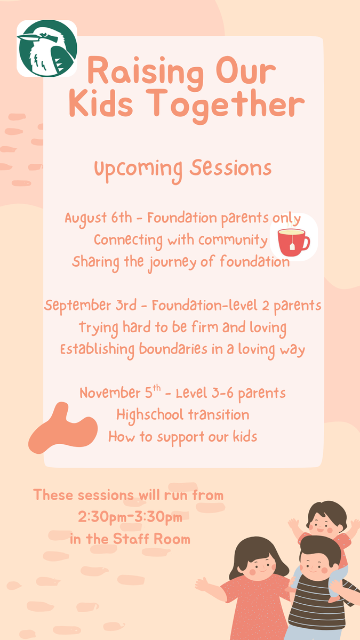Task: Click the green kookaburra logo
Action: pos(47,49)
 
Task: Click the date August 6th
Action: pos(98,219)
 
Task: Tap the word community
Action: pos(233,241)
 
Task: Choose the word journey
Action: pos(172,263)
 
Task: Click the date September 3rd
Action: pos(90,306)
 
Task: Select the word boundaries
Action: pos(173,349)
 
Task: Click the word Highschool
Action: pos(150,415)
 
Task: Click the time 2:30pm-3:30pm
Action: pos(130,517)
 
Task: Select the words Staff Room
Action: pos(151,539)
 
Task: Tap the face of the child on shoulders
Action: pos(324,525)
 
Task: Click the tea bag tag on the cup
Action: pos(292,246)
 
